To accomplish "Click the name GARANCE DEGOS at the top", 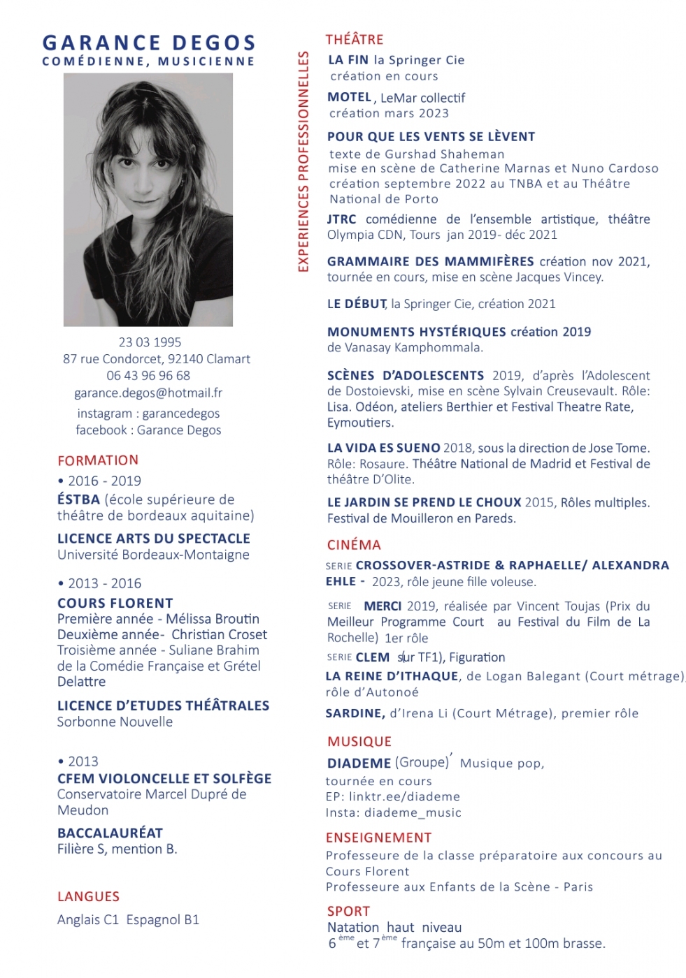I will [x=149, y=43].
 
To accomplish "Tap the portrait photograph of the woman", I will [x=148, y=200].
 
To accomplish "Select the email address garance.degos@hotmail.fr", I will [x=148, y=393].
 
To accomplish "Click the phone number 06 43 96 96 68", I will [x=148, y=376].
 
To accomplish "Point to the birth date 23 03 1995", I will [x=150, y=342].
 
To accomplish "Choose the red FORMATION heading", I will [x=98, y=460].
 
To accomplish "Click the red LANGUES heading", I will [x=88, y=897].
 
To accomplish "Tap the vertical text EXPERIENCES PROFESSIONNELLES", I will [x=303, y=161].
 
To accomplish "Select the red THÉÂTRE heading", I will [x=355, y=40].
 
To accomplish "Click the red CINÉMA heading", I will [x=354, y=545].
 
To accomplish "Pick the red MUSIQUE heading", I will [x=359, y=742].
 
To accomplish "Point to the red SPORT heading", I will [x=348, y=912].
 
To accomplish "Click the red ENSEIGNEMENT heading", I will [x=378, y=838].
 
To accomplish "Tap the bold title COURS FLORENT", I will [x=115, y=604].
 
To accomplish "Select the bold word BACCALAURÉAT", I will [x=110, y=833].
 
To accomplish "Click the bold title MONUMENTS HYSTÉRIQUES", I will [x=416, y=332].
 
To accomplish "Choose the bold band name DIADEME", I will [x=359, y=764].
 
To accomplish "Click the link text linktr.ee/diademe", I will [x=404, y=797].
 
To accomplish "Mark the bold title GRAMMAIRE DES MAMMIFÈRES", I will [x=430, y=262].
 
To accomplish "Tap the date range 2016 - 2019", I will [x=104, y=481].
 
